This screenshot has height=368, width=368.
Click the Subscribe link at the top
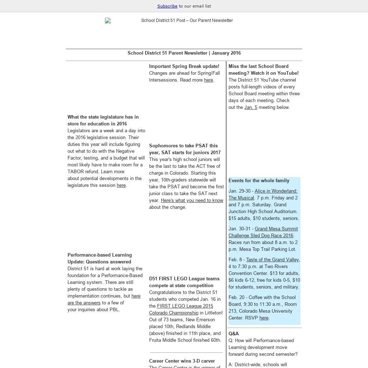click(167, 6)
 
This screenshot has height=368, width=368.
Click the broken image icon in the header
click(108, 21)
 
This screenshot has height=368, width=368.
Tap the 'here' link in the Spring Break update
click(208, 80)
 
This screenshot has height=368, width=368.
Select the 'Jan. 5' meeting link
click(251, 107)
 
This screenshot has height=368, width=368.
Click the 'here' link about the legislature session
click(121, 185)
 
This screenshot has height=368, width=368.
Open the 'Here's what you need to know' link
click(192, 201)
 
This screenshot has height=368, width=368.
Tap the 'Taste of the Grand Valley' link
click(272, 260)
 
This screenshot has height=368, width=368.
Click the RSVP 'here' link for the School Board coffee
click(264, 318)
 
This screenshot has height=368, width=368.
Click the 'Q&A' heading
click(234, 334)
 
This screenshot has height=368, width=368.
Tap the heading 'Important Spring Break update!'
click(184, 66)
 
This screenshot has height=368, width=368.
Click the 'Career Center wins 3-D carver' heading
click(182, 361)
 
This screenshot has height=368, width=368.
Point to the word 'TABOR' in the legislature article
click(75, 172)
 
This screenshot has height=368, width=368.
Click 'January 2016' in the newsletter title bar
click(226, 53)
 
